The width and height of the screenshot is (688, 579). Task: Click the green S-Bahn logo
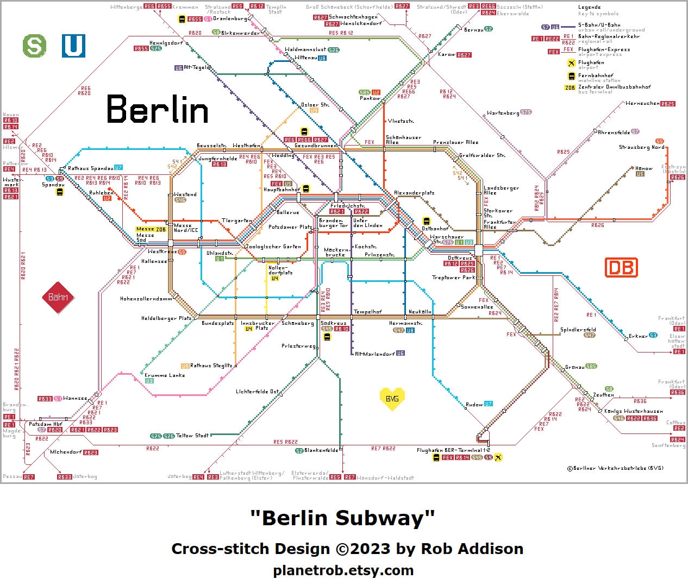(x=34, y=46)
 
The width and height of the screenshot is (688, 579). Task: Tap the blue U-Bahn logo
(x=73, y=46)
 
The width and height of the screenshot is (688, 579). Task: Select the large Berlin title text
(x=158, y=109)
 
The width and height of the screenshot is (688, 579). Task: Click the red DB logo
(x=621, y=267)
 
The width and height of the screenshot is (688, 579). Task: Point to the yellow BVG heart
(x=392, y=399)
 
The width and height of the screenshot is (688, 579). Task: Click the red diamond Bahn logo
(x=58, y=297)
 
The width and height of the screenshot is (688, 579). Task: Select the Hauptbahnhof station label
(x=282, y=190)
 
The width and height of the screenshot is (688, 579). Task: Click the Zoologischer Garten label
(x=273, y=247)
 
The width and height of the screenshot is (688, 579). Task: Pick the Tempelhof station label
(x=368, y=312)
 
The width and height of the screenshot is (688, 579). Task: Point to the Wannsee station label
(x=75, y=398)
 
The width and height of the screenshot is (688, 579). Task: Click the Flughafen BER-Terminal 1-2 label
(x=453, y=450)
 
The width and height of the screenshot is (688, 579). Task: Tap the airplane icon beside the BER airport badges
(x=498, y=457)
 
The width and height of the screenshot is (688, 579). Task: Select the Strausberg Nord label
(x=641, y=147)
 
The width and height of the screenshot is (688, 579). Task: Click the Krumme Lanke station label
(x=164, y=375)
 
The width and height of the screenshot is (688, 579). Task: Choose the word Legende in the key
(x=590, y=8)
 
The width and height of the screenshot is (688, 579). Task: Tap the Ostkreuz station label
(x=460, y=258)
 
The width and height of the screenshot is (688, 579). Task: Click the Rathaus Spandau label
(x=90, y=168)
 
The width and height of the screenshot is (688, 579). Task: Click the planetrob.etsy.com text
(x=343, y=570)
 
